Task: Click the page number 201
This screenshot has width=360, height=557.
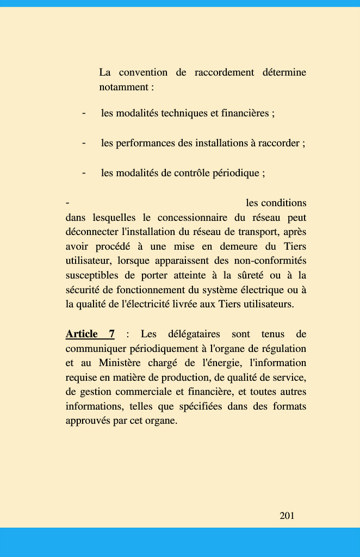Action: (x=287, y=516)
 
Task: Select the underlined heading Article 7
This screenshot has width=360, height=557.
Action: (x=90, y=334)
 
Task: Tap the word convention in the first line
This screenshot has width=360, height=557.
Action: (x=143, y=72)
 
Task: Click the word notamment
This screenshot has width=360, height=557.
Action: (x=123, y=87)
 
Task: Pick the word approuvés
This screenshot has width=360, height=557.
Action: (x=88, y=420)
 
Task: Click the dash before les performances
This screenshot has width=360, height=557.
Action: (x=84, y=143)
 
